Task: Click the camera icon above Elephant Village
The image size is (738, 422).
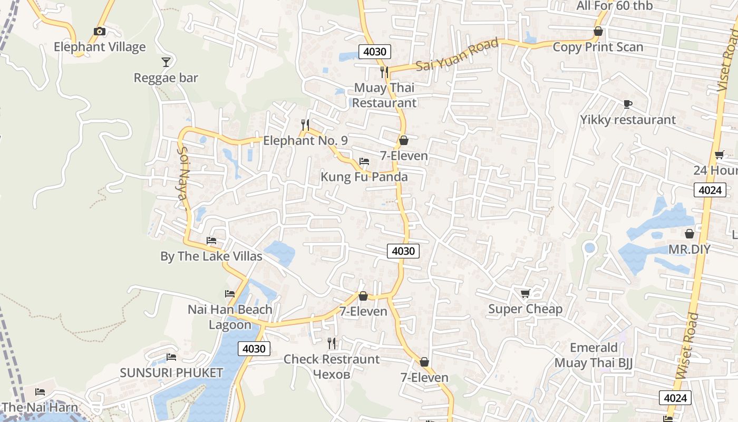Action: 99,32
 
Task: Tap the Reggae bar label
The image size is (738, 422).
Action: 166,78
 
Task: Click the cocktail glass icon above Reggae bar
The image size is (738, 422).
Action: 166,62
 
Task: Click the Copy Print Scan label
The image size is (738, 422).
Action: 598,47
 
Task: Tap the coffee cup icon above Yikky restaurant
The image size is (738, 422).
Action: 627,104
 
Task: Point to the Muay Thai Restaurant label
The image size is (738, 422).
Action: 384,95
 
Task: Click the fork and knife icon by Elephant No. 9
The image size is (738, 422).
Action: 305,125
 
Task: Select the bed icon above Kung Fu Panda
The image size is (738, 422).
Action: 364,161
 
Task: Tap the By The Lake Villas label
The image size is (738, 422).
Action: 211,256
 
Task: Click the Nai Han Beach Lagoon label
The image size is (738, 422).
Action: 230,316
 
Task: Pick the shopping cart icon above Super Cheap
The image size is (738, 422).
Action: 525,293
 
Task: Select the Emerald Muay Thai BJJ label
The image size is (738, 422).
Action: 594,355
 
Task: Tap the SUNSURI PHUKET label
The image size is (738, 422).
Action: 171,372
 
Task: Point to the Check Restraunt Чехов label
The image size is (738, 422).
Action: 331,366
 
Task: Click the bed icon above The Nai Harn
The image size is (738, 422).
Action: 40,391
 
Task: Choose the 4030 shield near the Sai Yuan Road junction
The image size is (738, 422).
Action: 375,52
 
